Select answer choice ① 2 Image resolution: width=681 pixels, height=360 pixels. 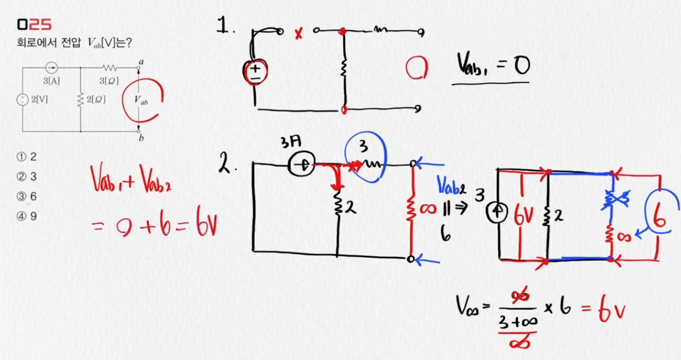point(26,157)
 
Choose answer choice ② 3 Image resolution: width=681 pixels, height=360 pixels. point(26,177)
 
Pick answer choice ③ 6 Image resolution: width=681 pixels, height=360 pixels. point(26,197)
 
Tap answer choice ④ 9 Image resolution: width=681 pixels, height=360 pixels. point(26,217)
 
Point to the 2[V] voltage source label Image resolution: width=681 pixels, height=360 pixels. point(39,100)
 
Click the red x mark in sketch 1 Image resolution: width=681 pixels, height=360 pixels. point(298,35)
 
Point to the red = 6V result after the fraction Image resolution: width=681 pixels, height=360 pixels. point(603,310)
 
